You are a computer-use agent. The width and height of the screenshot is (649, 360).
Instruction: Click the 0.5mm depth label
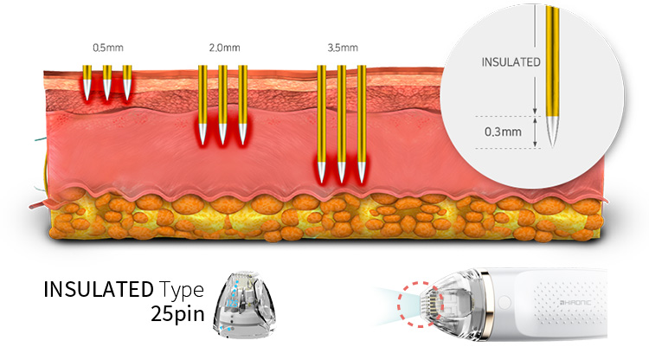coord(105,48)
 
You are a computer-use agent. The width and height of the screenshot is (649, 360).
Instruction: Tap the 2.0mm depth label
coord(222,48)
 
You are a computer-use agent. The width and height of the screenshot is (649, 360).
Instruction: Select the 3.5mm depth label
coord(341,48)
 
